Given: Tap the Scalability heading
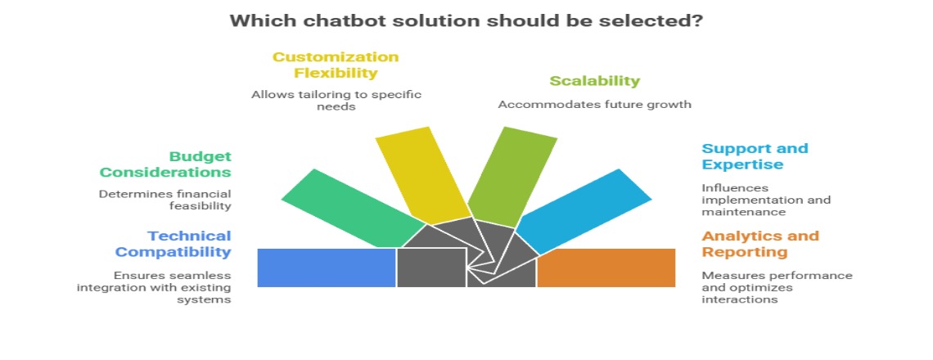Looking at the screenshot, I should point(594,81).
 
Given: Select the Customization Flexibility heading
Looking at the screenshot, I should point(336,65).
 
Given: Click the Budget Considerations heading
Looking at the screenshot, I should point(165,164).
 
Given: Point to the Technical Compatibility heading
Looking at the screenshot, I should point(173,244).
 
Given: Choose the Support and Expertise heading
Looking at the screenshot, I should point(754,156).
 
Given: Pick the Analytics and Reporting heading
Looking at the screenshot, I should point(759,244).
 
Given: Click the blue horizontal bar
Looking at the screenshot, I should point(327,268).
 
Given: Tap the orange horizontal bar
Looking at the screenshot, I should point(606,268).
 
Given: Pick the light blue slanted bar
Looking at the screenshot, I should point(584,209).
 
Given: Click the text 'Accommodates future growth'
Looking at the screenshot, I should point(594,104).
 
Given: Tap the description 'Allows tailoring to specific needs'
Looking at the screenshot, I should point(336,101).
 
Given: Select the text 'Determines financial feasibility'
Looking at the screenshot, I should point(165,200).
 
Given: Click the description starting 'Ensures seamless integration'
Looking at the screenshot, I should point(154,287).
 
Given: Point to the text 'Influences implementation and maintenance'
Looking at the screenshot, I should point(765,200).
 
